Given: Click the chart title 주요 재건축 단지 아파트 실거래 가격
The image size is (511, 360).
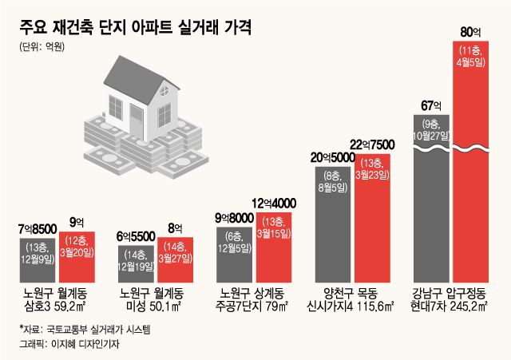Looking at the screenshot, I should pos(137,28).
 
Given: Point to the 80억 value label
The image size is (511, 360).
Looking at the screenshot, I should pos(471,33).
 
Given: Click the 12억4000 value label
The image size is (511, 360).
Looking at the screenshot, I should pos(275,203).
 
